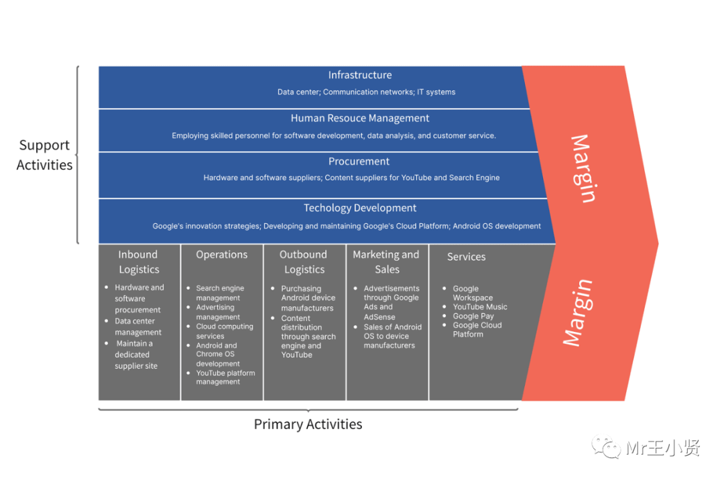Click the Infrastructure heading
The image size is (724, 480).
pyautogui.click(x=360, y=75)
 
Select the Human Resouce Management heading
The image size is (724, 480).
pyautogui.click(x=360, y=119)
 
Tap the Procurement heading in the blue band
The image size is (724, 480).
pyautogui.click(x=359, y=162)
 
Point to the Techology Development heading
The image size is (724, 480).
pyautogui.click(x=360, y=208)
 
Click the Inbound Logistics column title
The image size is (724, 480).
pyautogui.click(x=139, y=262)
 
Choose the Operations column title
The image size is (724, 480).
pyautogui.click(x=222, y=255)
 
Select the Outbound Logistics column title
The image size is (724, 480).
pyautogui.click(x=304, y=262)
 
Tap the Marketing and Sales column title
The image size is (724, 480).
pyautogui.click(x=386, y=262)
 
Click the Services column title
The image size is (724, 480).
pyautogui.click(x=467, y=257)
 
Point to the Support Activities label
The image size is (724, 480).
pyautogui.click(x=44, y=155)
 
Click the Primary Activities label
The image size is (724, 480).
pyautogui.click(x=308, y=424)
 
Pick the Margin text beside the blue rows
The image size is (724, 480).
pyautogui.click(x=582, y=168)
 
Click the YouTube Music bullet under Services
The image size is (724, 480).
pyautogui.click(x=480, y=307)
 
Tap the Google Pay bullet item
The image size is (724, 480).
pyautogui.click(x=473, y=316)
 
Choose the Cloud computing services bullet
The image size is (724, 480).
pyautogui.click(x=224, y=331)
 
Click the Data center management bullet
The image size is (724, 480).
pyautogui.click(x=137, y=326)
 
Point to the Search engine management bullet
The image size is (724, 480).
pyautogui.click(x=219, y=293)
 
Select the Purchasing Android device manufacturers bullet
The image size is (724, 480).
pyautogui.click(x=307, y=298)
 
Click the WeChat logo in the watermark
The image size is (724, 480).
pyautogui.click(x=611, y=447)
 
